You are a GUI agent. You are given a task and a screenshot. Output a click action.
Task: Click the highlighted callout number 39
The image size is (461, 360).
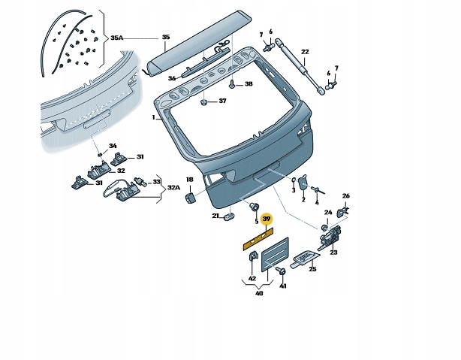coord(266,219)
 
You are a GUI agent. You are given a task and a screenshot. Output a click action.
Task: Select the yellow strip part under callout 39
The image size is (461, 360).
coord(258,239)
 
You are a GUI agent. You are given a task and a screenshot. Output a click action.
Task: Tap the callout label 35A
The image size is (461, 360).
coord(116,38)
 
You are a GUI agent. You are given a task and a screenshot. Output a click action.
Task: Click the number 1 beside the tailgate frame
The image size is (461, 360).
coord(153,118)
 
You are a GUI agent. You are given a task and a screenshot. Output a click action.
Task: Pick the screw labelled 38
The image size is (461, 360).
coord(232,83)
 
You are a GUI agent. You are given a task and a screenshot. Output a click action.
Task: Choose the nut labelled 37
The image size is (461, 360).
coord(203,102)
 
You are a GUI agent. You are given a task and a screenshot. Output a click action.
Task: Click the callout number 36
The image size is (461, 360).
coord(172,78)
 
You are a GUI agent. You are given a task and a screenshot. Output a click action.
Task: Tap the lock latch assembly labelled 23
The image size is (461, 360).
coord(329,236)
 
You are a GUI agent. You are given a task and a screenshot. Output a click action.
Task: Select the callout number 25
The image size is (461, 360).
coord(312,269)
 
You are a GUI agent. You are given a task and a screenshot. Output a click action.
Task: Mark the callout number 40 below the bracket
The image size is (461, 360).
coord(259,293)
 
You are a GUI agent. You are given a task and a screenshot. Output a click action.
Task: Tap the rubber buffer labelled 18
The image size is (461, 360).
coord(190,198)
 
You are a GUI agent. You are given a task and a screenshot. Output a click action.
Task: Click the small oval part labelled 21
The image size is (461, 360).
coord(229,217)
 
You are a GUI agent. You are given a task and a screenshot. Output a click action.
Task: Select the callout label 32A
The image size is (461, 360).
coord(173,187)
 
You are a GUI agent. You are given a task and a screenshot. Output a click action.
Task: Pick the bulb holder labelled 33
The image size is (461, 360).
coord(140,181)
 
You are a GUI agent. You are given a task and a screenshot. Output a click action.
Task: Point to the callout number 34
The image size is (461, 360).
coord(113,146)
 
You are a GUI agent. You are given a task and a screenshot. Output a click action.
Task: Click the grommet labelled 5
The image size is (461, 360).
coord(254,207)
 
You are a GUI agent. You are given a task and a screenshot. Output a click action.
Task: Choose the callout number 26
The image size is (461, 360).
coord(346,195)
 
